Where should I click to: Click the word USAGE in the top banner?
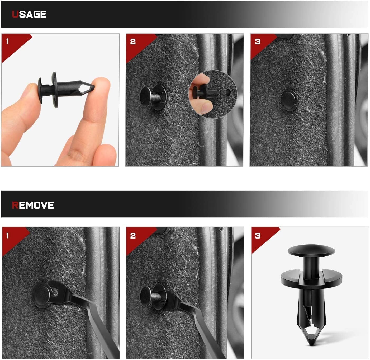(29, 14)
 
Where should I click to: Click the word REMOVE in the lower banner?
(33, 205)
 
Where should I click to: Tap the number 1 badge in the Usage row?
(8, 41)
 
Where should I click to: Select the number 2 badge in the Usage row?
(133, 41)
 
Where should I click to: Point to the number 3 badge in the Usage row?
(258, 41)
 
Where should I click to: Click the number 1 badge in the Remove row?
(8, 236)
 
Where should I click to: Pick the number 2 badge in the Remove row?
(133, 236)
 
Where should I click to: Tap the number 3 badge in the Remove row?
(258, 236)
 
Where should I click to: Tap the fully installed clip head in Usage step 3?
(289, 100)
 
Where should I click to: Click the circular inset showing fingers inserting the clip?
(212, 94)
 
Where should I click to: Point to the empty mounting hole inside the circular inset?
(228, 92)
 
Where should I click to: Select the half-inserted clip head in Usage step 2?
(145, 97)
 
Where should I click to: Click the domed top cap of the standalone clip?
(311, 250)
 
